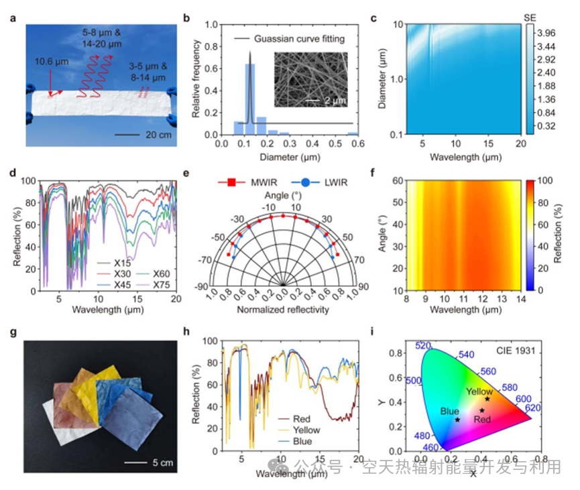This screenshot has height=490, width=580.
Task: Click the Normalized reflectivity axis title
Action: click(x=281, y=310)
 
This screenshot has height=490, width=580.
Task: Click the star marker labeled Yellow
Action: click(x=487, y=399)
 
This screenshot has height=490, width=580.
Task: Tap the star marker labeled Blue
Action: click(x=458, y=420)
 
